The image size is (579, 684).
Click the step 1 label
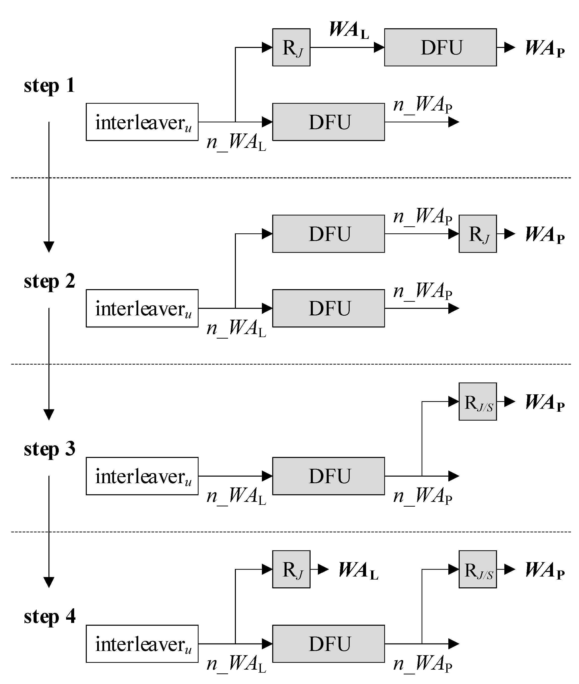[49, 86]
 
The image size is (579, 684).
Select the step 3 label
[49, 449]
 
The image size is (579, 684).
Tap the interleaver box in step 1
[142, 122]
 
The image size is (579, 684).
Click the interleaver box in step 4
[142, 644]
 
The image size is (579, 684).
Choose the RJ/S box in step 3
[477, 401]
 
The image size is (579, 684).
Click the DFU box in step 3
[328, 476]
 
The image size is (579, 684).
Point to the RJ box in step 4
[291, 569]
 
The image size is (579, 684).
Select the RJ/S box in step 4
[477, 569]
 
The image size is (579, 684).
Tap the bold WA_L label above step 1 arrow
[349, 30]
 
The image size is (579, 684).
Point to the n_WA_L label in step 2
[236, 328]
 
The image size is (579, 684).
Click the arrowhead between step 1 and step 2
[49, 247]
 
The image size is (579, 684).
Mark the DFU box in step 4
[328, 644]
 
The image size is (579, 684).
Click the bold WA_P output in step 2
[544, 235]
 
